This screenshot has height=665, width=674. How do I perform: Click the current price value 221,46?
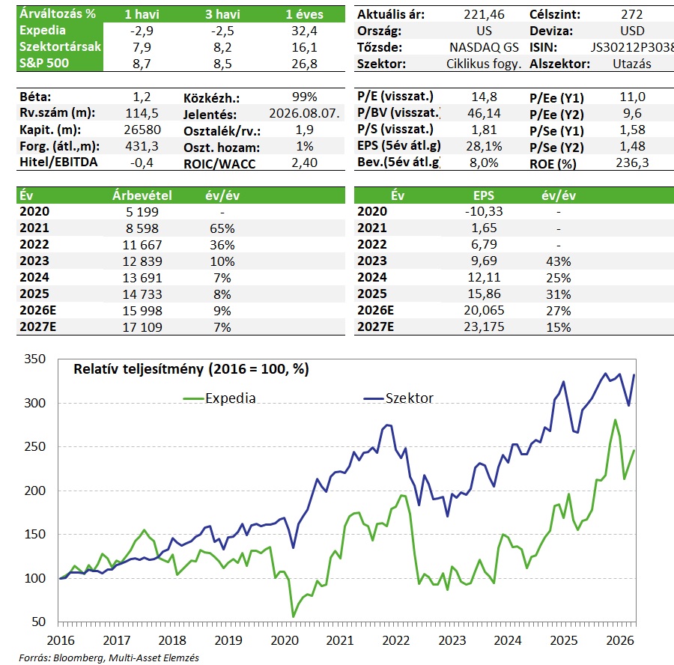(484, 15)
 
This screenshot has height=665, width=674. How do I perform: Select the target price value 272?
(632, 15)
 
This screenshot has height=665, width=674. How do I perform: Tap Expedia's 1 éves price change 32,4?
(304, 31)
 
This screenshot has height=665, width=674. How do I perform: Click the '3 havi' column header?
(222, 15)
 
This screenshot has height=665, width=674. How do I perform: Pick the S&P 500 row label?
(44, 63)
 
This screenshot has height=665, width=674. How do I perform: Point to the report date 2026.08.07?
(304, 114)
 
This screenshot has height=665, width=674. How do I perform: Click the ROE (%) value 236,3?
(632, 163)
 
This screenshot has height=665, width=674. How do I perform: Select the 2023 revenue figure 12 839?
(142, 261)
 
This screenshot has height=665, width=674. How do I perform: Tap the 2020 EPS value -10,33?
(484, 211)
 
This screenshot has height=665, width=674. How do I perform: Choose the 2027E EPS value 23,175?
(484, 327)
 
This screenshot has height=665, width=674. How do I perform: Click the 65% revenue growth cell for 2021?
(222, 228)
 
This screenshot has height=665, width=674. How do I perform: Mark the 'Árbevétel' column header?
(142, 195)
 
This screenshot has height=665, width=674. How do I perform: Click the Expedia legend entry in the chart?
(219, 398)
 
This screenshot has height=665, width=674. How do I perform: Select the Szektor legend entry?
(398, 398)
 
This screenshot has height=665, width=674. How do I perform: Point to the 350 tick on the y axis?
(34, 359)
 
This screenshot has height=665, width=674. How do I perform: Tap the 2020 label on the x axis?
(285, 640)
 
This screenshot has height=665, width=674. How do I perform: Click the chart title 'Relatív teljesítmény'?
(139, 369)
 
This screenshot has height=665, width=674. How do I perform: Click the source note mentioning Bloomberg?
(109, 658)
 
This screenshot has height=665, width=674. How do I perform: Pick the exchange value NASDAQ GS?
(484, 47)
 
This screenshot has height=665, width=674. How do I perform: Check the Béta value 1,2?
(142, 97)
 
